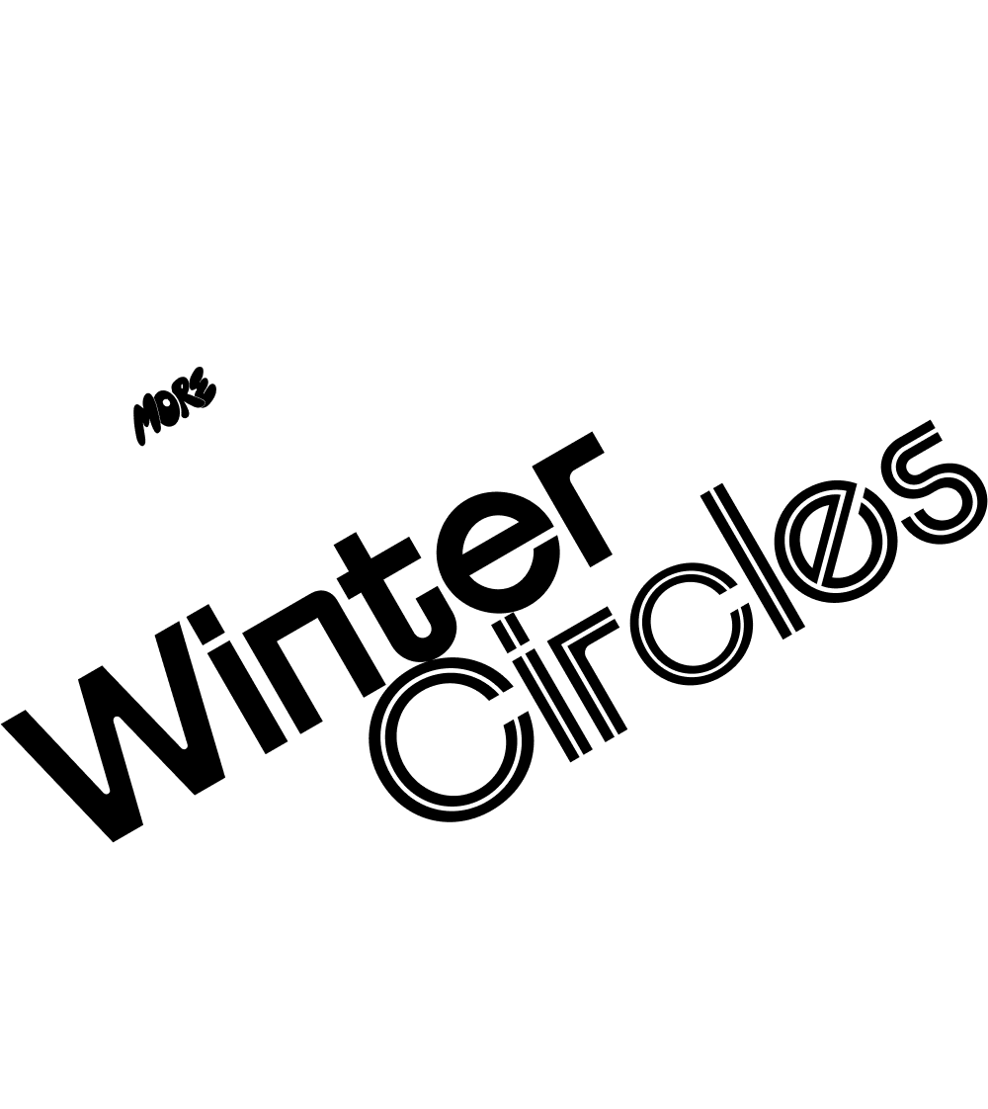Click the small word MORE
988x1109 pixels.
point(173,406)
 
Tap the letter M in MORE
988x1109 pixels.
point(147,423)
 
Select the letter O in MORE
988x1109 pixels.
point(170,405)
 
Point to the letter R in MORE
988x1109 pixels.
point(187,394)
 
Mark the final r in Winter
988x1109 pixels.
point(565,495)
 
